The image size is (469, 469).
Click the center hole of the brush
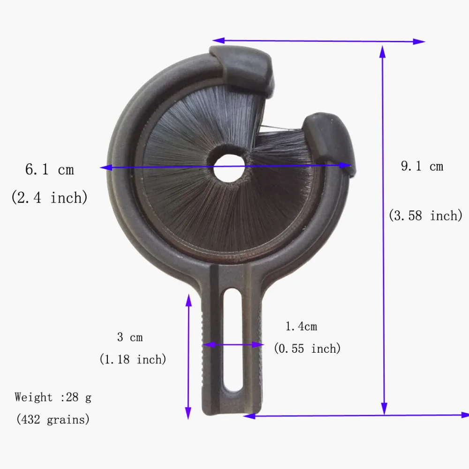pyautogui.click(x=229, y=168)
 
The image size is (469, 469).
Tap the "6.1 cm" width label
pyautogui.click(x=50, y=170)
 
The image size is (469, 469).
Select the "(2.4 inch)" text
pyautogui.click(x=49, y=198)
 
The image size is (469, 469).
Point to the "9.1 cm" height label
pyautogui.click(x=422, y=166)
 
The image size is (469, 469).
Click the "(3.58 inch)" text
pyautogui.click(x=426, y=216)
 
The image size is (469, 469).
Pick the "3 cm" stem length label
pyautogui.click(x=130, y=337)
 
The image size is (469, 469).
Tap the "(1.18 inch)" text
pyautogui.click(x=133, y=359)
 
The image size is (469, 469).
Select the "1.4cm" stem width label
pyautogui.click(x=301, y=326)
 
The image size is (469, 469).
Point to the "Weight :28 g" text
pyautogui.click(x=53, y=398)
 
